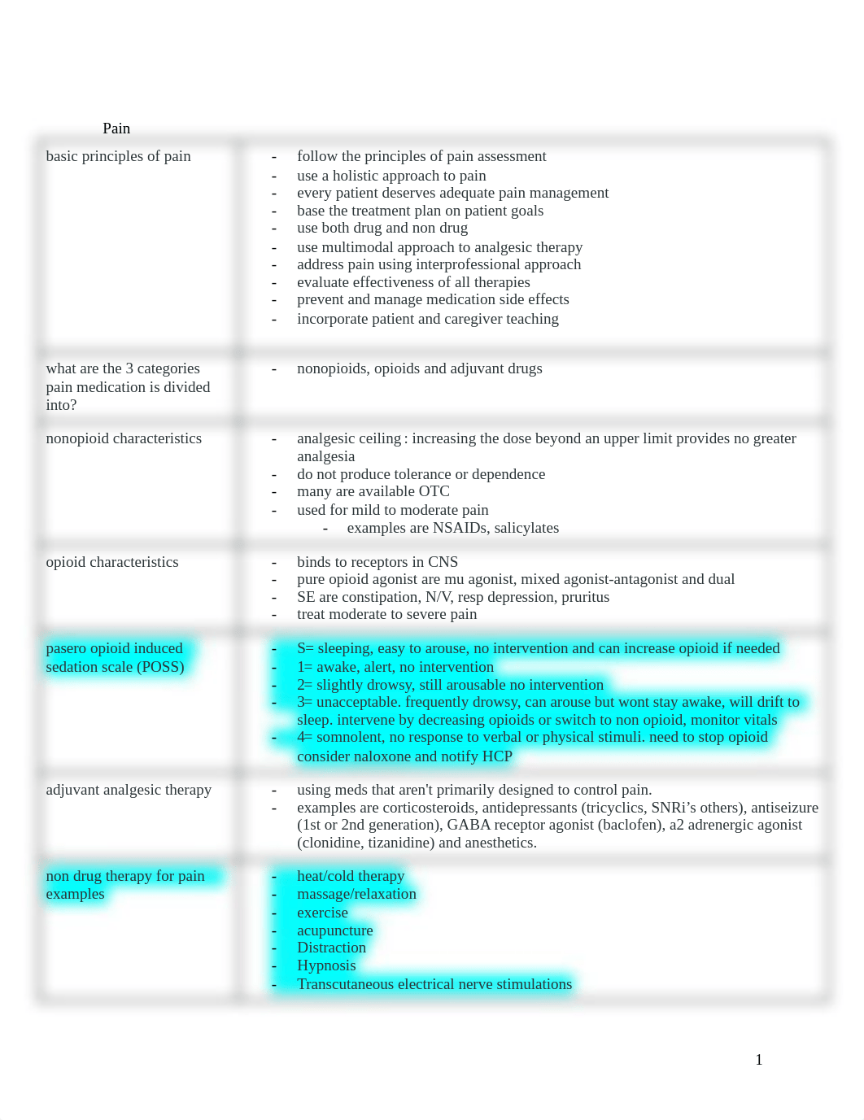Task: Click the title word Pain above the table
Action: click(x=116, y=129)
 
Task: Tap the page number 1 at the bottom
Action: click(x=759, y=1060)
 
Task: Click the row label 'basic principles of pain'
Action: click(x=118, y=156)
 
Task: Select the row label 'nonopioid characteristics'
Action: click(x=124, y=438)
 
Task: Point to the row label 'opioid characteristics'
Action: click(x=112, y=562)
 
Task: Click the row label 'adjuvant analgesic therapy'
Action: click(x=129, y=790)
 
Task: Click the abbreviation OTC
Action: click(x=434, y=491)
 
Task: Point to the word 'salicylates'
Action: click(x=526, y=528)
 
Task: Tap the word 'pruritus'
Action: click(x=585, y=597)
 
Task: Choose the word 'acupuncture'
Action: click(x=334, y=930)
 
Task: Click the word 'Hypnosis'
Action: click(x=326, y=965)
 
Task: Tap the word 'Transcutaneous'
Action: click(x=348, y=984)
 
